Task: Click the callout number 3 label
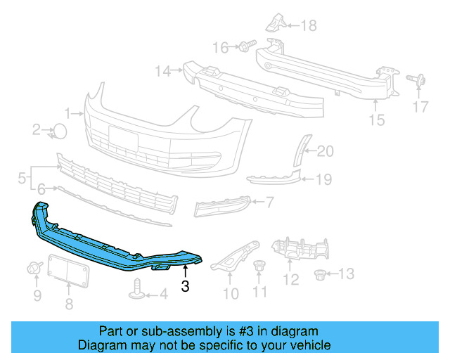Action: click(185, 286)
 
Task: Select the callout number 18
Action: click(309, 26)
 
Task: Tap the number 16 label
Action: click(221, 48)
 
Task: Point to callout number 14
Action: click(163, 70)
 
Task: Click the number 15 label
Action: click(377, 120)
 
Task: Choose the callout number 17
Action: click(420, 107)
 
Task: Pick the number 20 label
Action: click(326, 150)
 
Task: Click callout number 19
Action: click(323, 180)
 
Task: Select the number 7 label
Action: click(269, 202)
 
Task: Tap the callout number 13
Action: click(347, 273)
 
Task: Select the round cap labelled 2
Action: click(61, 130)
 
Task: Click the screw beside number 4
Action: click(138, 288)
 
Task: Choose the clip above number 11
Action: click(259, 266)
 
